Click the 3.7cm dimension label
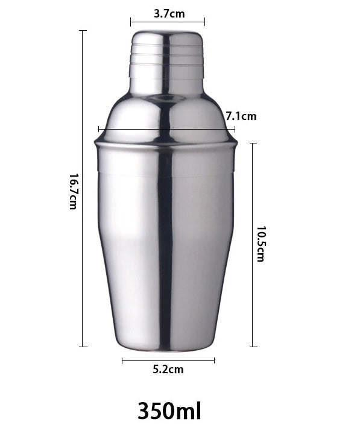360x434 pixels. (x=168, y=13)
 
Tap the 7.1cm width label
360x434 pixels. (x=241, y=116)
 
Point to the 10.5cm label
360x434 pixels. (x=261, y=244)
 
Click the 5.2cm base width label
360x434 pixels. (x=168, y=370)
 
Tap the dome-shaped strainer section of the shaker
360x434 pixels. (x=167, y=118)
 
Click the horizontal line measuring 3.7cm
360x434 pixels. (x=168, y=22)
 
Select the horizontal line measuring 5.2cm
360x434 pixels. (x=168, y=361)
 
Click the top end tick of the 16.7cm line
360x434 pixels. (x=83, y=31)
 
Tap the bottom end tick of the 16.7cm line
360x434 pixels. (x=83, y=347)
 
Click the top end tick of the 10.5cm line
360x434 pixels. (x=253, y=143)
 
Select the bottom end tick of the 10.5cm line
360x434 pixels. (x=253, y=347)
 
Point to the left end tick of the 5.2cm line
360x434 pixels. (x=122, y=361)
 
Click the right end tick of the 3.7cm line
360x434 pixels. (x=204, y=22)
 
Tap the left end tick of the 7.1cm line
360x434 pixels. (x=99, y=128)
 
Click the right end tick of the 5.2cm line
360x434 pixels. (x=214, y=361)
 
